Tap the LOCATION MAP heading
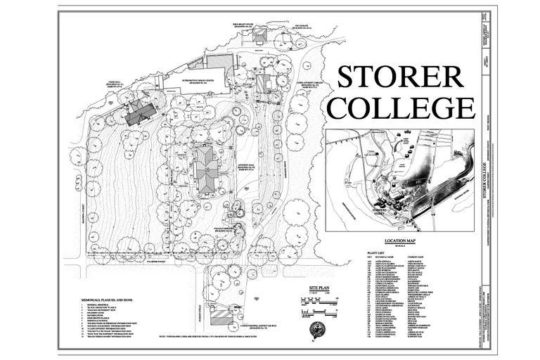pyautogui.click(x=404, y=240)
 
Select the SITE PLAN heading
pyautogui.click(x=309, y=288)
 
